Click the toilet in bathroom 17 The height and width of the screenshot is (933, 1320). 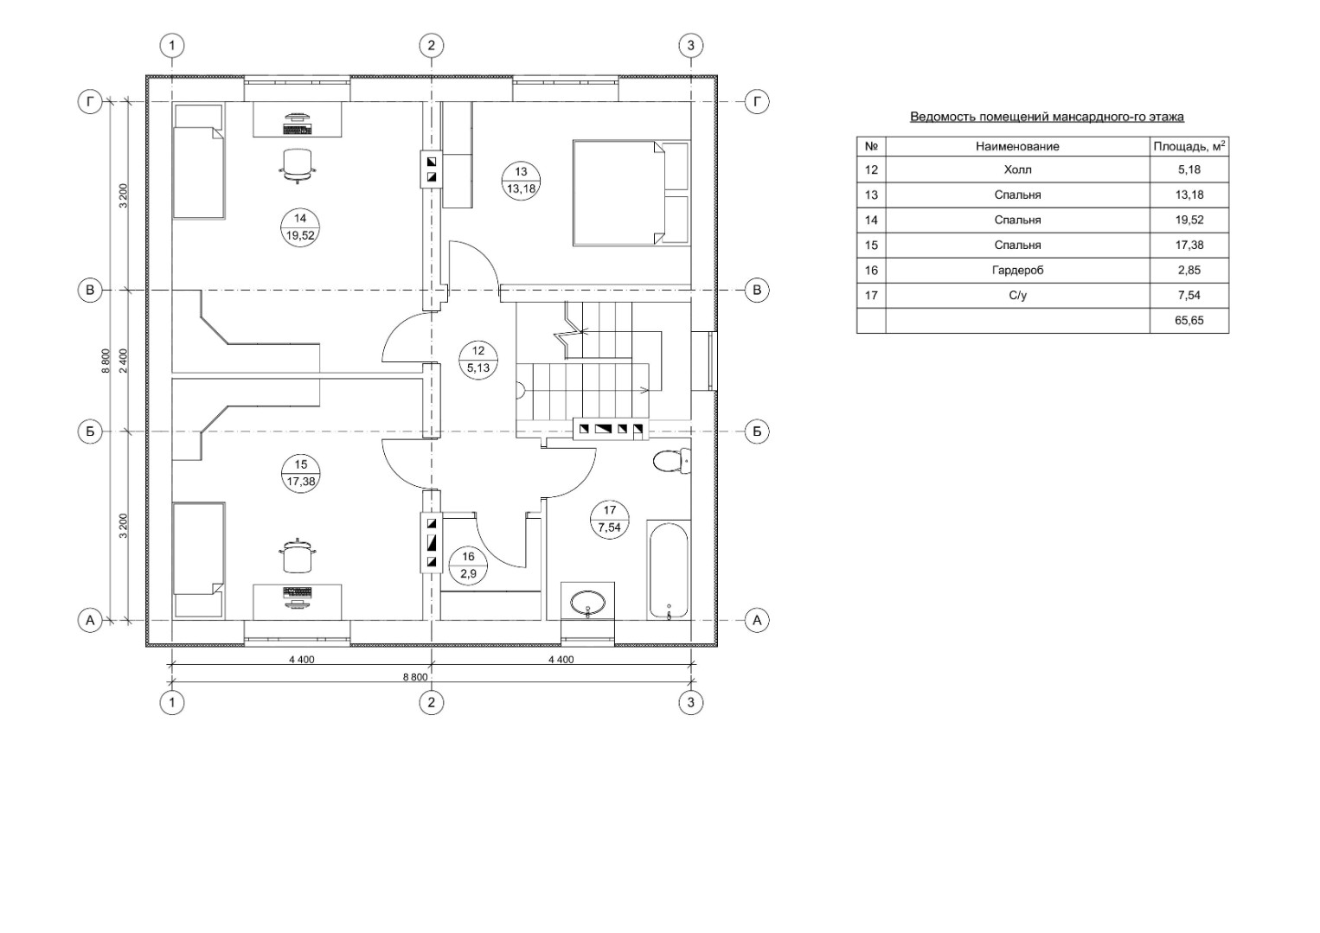(x=672, y=460)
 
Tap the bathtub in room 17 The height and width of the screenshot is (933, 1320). (x=669, y=569)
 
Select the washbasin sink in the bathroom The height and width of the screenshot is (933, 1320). (x=587, y=604)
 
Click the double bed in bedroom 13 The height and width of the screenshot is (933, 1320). (x=631, y=192)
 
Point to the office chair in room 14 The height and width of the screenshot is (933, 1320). (x=297, y=165)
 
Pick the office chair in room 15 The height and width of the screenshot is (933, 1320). (x=297, y=556)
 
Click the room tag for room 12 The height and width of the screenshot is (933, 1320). (x=477, y=360)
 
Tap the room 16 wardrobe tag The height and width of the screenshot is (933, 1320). (x=468, y=566)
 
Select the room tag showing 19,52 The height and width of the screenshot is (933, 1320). (x=300, y=227)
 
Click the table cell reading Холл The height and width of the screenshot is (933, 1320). (x=1018, y=169)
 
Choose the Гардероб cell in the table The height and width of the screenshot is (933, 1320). (x=1018, y=271)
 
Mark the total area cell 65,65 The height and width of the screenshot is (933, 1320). (x=1189, y=321)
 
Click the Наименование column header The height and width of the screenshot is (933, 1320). (x=1018, y=147)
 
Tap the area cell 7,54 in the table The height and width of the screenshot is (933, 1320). (x=1189, y=295)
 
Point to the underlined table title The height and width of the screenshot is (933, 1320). (x=1048, y=117)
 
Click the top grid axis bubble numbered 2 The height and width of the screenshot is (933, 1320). (x=432, y=45)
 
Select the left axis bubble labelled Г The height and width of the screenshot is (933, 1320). (x=90, y=102)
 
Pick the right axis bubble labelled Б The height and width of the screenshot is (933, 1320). (x=757, y=431)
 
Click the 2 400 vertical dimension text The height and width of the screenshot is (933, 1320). (x=123, y=361)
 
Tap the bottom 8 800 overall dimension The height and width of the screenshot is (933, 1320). (x=415, y=677)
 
